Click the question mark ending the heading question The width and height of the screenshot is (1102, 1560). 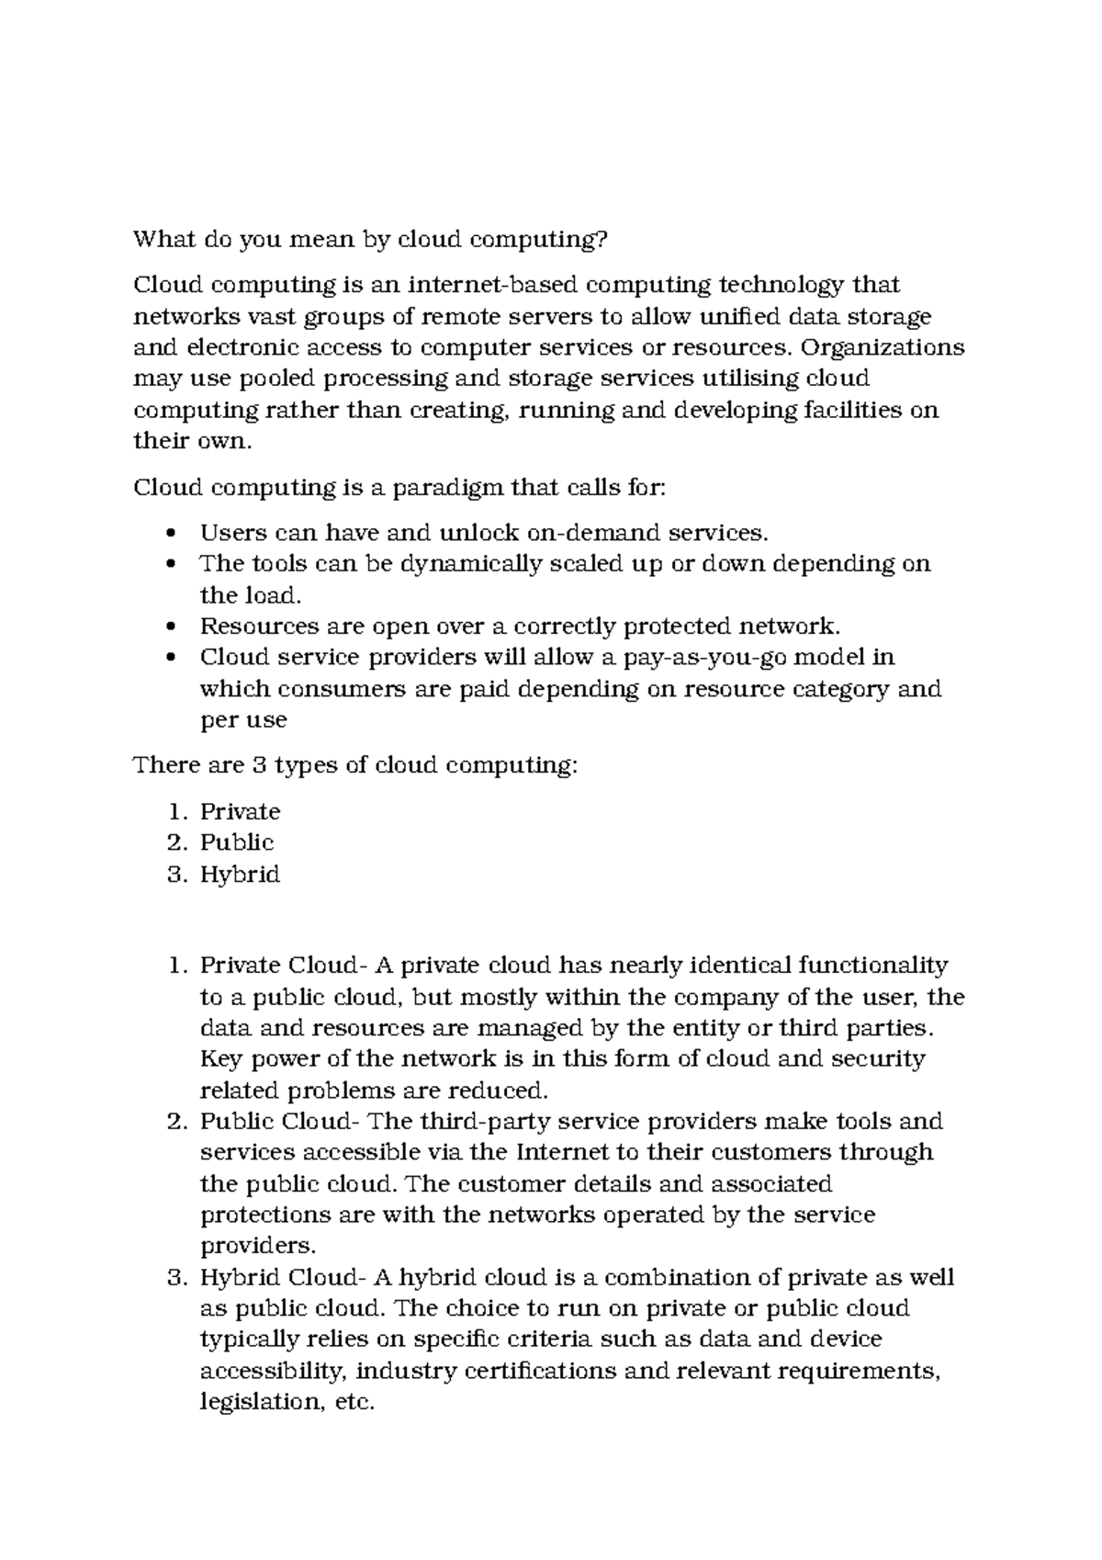pyautogui.click(x=602, y=241)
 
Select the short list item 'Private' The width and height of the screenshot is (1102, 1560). pyautogui.click(x=240, y=812)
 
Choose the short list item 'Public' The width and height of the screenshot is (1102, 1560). pyautogui.click(x=237, y=842)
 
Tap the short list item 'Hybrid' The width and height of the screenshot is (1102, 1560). pyautogui.click(x=240, y=875)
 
